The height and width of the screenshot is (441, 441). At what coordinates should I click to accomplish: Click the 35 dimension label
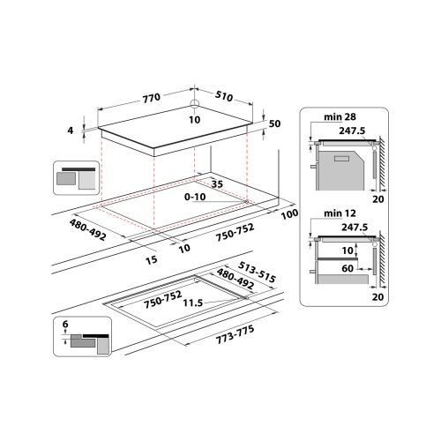tap(216, 183)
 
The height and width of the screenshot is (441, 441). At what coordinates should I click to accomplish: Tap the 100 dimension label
tap(288, 214)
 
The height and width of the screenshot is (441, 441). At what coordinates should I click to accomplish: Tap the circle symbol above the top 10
tap(193, 110)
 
